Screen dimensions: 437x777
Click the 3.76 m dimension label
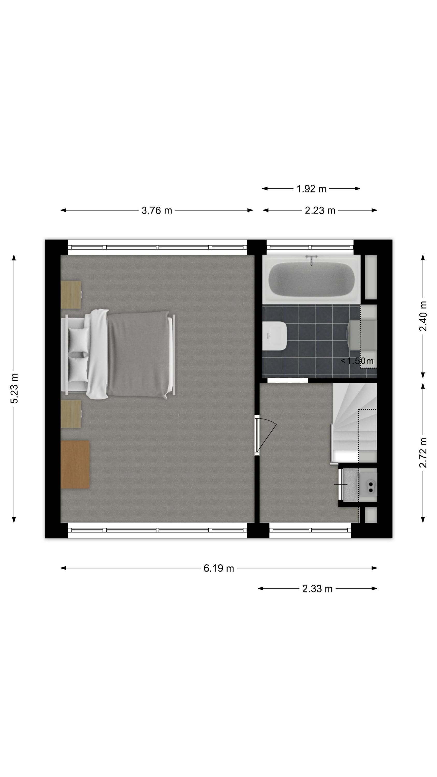click(x=157, y=210)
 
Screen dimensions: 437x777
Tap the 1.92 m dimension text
click(x=311, y=189)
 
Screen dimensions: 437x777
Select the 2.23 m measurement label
click(x=320, y=210)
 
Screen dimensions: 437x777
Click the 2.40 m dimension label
click(x=423, y=316)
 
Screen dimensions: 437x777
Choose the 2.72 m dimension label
click(x=423, y=453)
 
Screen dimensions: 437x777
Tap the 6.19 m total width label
click(x=219, y=568)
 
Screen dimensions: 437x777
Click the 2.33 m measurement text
click(x=317, y=588)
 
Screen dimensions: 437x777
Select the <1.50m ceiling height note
click(x=357, y=361)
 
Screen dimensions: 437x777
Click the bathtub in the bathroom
click(x=311, y=279)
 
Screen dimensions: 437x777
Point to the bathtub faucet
click(x=311, y=260)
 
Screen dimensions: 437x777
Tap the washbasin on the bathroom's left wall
click(x=274, y=336)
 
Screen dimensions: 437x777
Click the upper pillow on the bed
click(x=78, y=340)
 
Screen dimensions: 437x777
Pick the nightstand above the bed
click(x=71, y=295)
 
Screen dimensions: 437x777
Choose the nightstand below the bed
click(x=71, y=414)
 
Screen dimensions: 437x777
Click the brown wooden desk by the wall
click(x=75, y=464)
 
